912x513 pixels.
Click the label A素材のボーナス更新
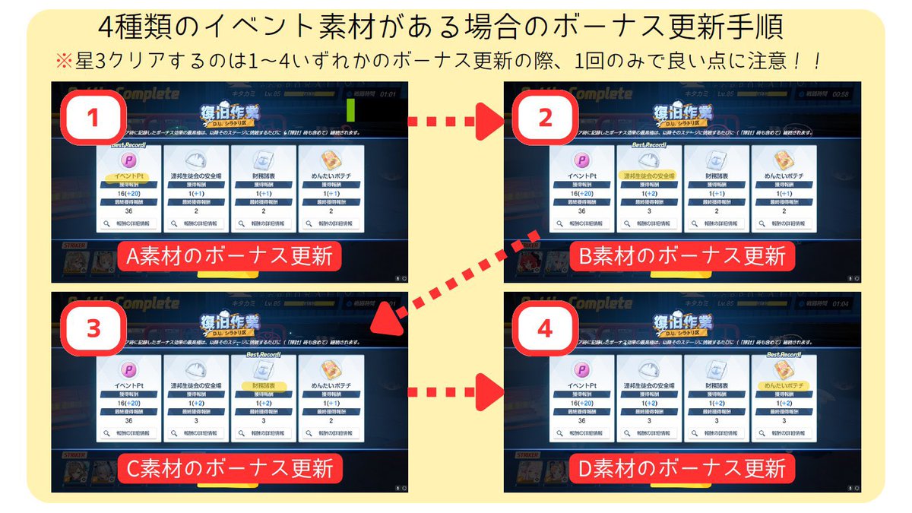(x=230, y=257)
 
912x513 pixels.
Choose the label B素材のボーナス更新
(x=682, y=257)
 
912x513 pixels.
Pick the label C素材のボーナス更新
(x=230, y=467)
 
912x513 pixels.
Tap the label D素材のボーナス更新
(x=682, y=467)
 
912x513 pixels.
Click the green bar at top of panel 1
(x=351, y=110)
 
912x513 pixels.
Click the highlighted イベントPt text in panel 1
(x=128, y=176)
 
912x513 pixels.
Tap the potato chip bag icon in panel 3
(x=329, y=370)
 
